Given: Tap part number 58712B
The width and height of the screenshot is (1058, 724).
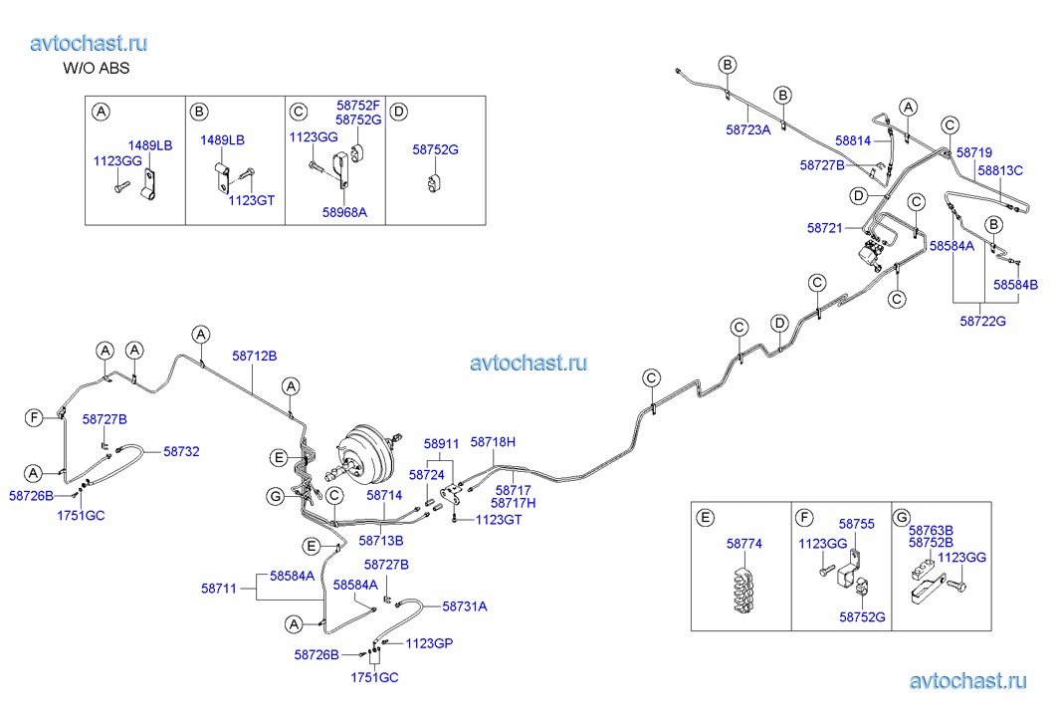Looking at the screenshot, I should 255,356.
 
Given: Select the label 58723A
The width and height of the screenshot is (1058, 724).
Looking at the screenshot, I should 748,128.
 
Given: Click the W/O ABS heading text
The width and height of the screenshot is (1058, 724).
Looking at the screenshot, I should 97,69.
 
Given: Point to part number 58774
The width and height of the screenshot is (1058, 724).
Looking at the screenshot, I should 742,545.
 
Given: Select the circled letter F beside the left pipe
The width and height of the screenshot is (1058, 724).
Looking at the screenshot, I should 34,417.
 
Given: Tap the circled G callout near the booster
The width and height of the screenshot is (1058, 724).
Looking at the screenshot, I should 276,496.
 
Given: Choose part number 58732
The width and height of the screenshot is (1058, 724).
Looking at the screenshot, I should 181,451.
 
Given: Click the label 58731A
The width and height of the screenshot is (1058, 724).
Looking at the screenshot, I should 465,605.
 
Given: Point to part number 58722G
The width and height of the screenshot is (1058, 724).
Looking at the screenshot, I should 982,321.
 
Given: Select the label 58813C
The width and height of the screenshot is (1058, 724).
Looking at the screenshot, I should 999,170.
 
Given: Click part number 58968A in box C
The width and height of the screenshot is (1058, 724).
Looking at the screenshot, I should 344,211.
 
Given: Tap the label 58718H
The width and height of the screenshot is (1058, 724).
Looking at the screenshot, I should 493,441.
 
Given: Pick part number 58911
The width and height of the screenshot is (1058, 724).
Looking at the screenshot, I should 441,444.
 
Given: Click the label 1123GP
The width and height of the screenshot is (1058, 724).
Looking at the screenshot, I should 429,643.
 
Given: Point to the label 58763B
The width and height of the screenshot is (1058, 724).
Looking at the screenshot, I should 931,530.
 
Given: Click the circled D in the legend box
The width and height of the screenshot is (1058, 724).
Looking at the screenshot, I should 399,111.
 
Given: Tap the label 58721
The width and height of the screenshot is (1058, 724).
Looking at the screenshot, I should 824,228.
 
